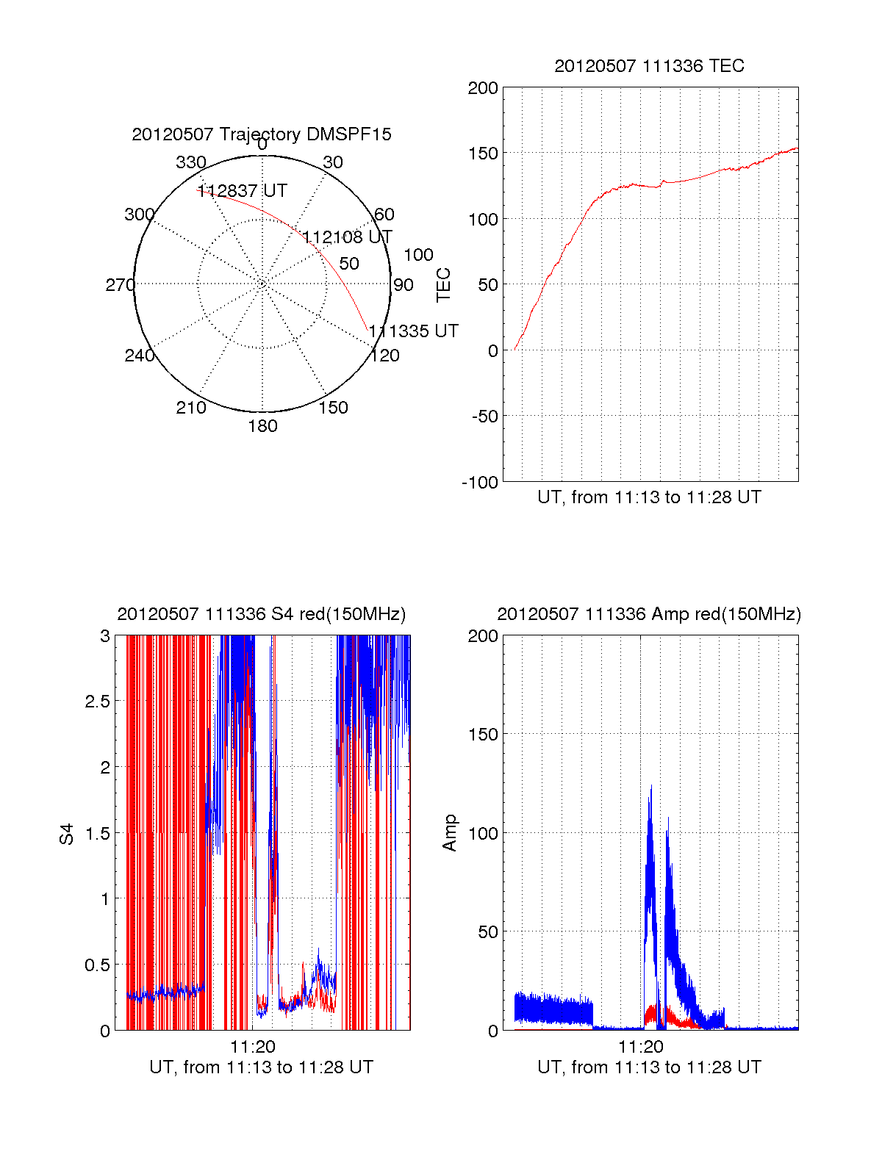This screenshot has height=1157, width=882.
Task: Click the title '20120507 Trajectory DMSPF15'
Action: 262,134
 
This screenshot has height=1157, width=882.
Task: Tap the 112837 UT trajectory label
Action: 242,191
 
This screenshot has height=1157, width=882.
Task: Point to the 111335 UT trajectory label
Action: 413,331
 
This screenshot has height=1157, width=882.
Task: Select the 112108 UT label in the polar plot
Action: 347,237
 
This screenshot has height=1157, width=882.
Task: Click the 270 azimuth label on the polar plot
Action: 120,285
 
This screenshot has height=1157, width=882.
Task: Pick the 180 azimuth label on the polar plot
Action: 262,426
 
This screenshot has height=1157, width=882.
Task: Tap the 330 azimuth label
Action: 191,162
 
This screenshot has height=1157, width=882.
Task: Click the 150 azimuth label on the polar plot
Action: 333,408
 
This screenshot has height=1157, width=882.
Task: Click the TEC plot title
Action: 649,66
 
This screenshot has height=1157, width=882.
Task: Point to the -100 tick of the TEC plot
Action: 480,483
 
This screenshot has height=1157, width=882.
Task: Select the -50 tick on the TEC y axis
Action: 484,417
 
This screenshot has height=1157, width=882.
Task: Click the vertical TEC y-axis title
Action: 444,285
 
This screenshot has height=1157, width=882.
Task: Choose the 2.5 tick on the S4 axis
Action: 97,702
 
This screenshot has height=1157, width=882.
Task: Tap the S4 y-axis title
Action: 67,834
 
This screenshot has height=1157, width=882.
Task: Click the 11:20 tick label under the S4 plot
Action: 252,1047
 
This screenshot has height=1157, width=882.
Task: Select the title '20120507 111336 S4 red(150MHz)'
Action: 262,614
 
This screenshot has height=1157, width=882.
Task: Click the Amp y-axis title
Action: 450,833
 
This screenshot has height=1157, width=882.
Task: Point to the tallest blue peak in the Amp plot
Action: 650,787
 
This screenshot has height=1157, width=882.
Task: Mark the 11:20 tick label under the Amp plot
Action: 640,1047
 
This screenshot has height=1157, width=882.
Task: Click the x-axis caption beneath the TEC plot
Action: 649,497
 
